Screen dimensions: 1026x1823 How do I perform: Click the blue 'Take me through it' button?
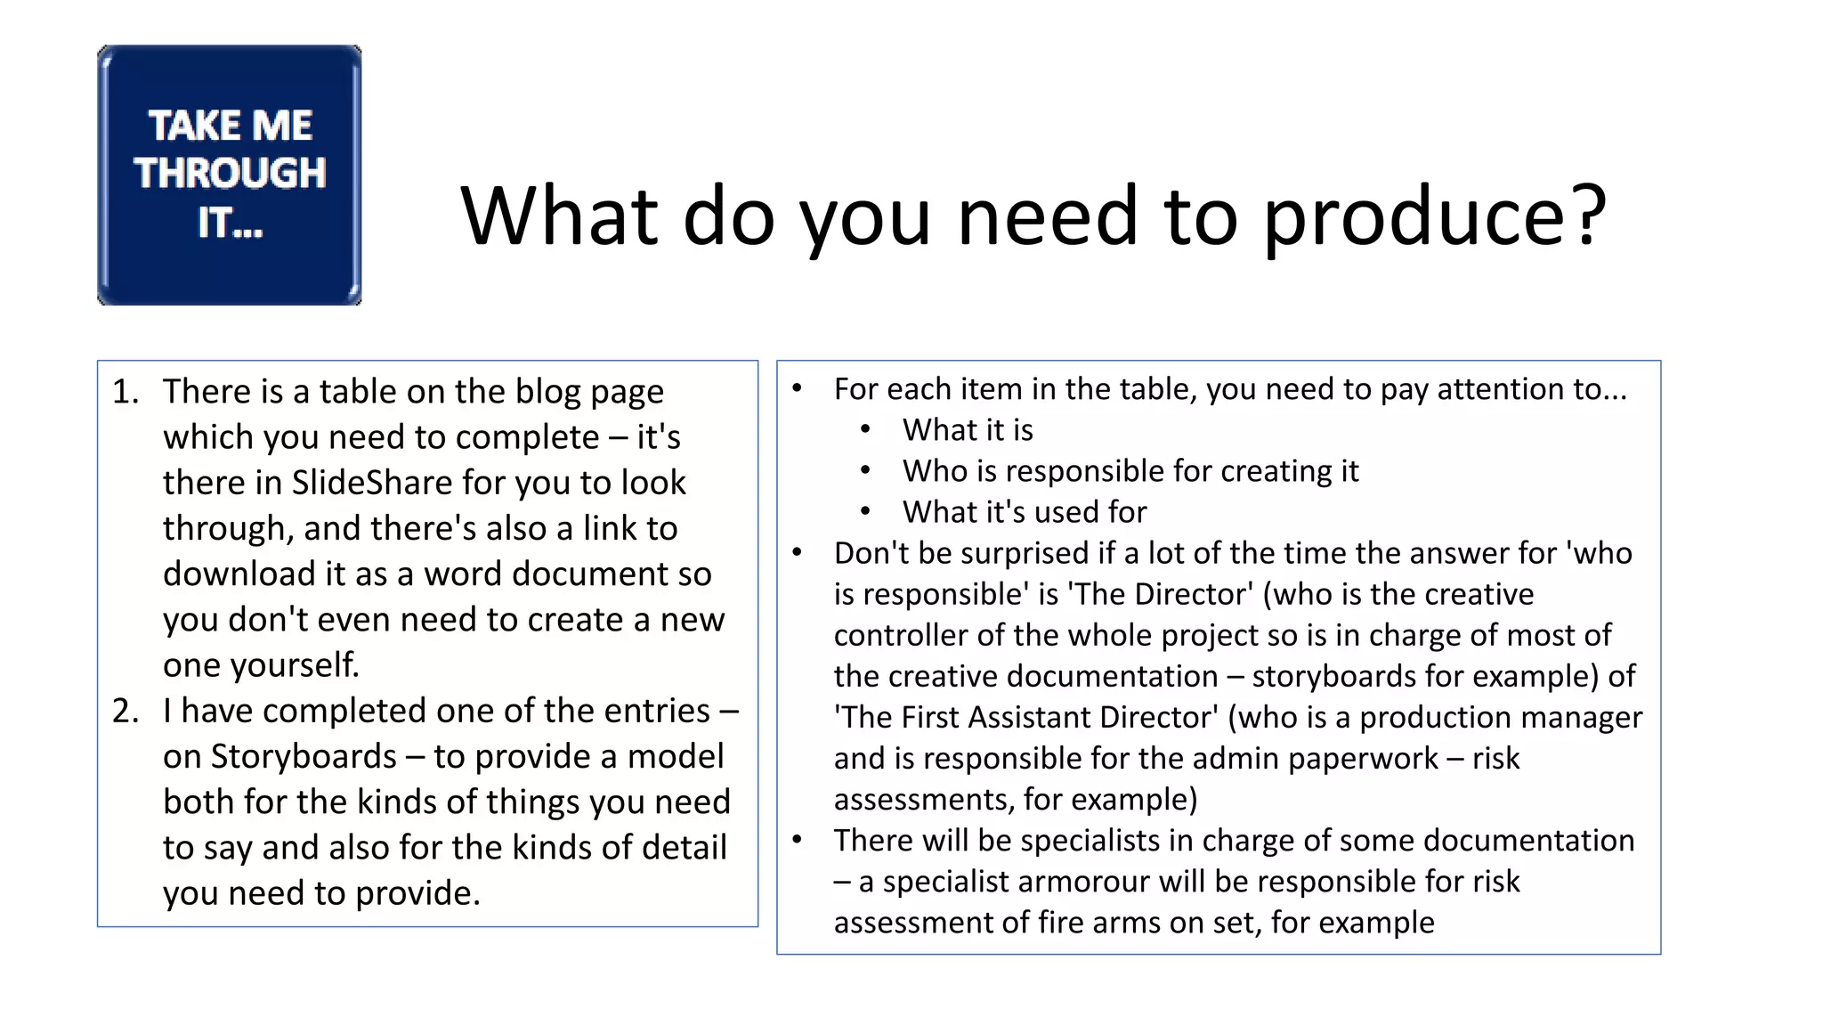[230, 175]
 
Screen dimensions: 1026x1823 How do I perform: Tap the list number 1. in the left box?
[126, 392]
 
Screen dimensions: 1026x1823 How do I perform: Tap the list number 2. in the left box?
[126, 711]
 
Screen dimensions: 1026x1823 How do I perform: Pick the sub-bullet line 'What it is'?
[968, 430]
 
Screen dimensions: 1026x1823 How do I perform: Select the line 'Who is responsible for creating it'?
[1130, 471]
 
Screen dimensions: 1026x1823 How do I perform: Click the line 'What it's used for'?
[1025, 512]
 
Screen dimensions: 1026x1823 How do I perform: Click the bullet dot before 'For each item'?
[798, 388]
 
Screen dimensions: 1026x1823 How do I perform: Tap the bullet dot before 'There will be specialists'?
[798, 840]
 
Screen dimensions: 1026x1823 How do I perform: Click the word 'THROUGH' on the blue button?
[231, 173]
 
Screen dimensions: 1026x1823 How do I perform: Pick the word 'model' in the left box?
[676, 756]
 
